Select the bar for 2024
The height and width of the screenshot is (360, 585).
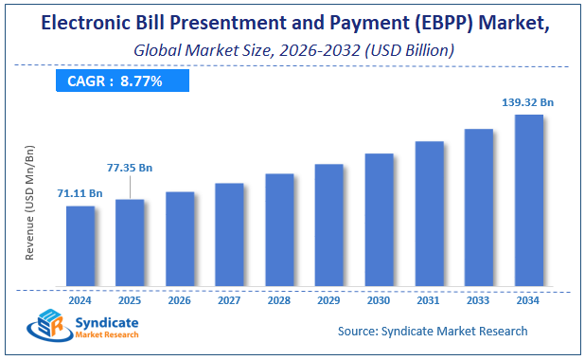80,246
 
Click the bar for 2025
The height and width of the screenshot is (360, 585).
130,243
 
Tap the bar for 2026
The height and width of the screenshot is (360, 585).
180,240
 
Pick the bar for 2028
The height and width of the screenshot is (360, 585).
279,230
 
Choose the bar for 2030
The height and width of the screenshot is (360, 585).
379,220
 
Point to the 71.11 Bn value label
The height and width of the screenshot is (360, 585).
80,193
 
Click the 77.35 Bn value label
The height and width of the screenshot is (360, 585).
129,168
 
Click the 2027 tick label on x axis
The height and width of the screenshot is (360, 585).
229,300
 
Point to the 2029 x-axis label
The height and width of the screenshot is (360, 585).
328,300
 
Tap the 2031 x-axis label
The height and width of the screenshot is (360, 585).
429,300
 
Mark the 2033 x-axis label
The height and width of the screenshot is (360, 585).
479,300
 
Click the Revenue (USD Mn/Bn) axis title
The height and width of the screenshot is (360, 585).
30,203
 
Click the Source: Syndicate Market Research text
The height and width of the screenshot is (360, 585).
433,331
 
